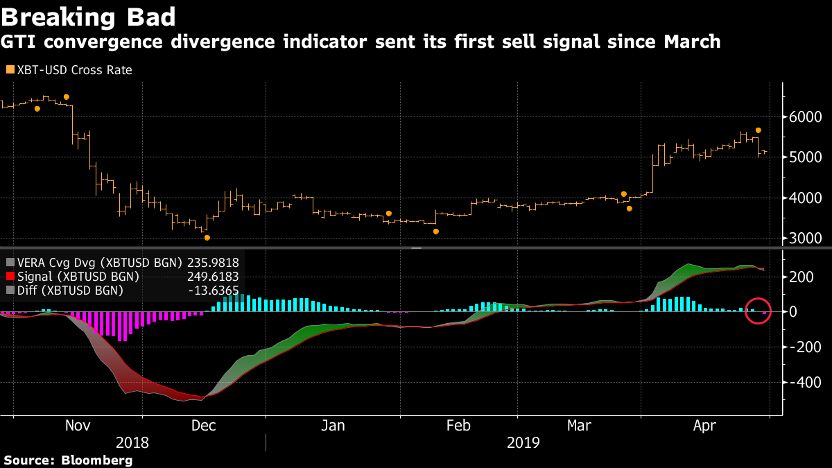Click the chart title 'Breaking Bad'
89,17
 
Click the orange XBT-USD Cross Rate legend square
9,70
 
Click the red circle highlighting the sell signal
758,311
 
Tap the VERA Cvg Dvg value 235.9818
212,263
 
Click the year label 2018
132,442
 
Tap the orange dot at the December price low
207,238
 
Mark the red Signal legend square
9,277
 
